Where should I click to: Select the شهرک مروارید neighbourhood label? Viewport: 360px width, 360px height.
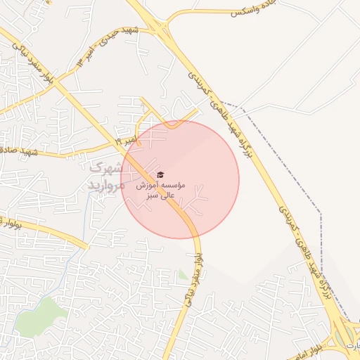point(108,176)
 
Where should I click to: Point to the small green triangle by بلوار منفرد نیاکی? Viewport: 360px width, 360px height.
point(184,275)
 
